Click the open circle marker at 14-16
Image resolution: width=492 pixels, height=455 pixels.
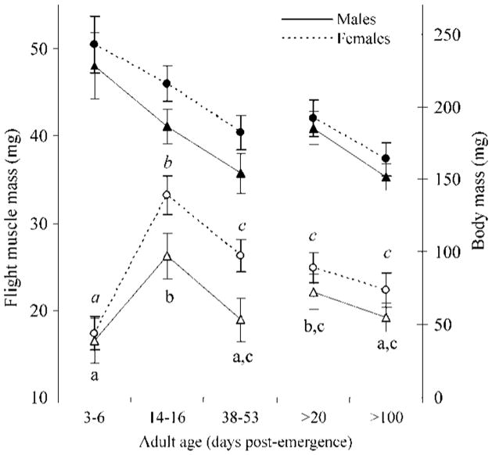coord(167,195)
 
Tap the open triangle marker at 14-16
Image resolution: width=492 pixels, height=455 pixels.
coord(167,256)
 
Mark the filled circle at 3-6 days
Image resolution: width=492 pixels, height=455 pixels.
coord(94,45)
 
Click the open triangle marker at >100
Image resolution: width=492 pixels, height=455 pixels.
coord(385,317)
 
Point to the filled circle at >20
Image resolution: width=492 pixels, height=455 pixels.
coord(314,118)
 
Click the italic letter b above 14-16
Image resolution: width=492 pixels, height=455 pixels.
coord(167,164)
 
